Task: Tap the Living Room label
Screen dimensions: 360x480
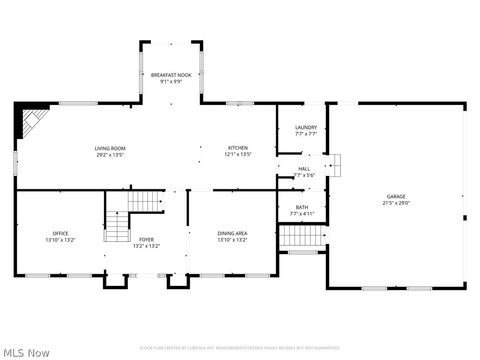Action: [109, 148]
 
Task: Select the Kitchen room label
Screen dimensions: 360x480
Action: [237, 148]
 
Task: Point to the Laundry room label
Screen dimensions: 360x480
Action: [306, 127]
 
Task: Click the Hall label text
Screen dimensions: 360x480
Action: [303, 169]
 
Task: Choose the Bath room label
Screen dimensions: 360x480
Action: [302, 207]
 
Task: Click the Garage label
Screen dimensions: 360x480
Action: [397, 195]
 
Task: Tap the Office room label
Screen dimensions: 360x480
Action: [60, 234]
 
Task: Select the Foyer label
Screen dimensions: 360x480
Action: [146, 239]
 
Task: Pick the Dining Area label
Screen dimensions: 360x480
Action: [232, 234]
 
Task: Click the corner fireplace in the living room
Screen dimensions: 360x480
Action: [29, 123]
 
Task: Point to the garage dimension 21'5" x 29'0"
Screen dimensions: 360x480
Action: [397, 202]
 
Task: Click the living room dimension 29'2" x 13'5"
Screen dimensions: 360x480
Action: [109, 155]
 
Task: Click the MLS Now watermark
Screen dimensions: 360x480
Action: [26, 351]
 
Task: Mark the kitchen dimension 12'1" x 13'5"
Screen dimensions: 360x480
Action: [237, 155]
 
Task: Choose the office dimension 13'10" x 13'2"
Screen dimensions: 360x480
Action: [60, 241]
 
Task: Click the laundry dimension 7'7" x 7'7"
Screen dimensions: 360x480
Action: [306, 134]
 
